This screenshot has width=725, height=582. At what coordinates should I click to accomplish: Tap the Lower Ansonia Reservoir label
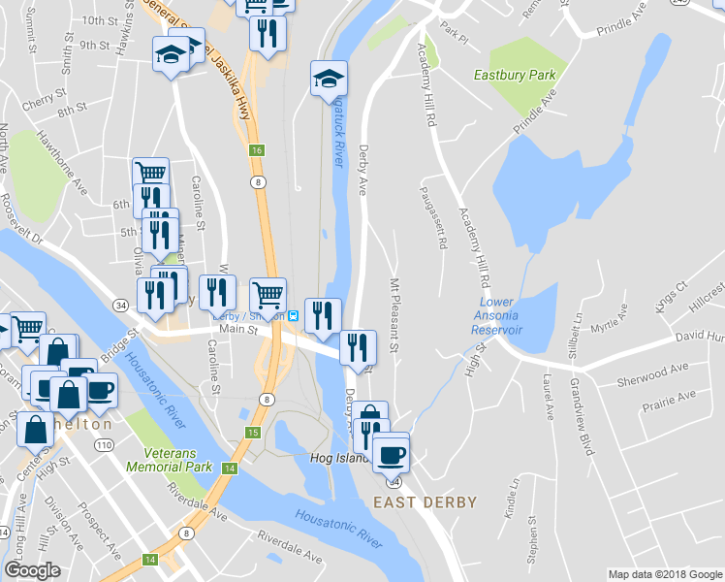click(x=497, y=316)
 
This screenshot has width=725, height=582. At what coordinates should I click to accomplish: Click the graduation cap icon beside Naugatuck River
click(x=329, y=78)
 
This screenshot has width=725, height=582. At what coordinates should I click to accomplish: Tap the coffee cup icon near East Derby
click(x=391, y=452)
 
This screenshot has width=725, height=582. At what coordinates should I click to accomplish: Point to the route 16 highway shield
click(x=256, y=149)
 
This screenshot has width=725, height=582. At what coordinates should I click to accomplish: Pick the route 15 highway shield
click(x=253, y=432)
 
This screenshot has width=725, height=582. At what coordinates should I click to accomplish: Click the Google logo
click(x=33, y=570)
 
